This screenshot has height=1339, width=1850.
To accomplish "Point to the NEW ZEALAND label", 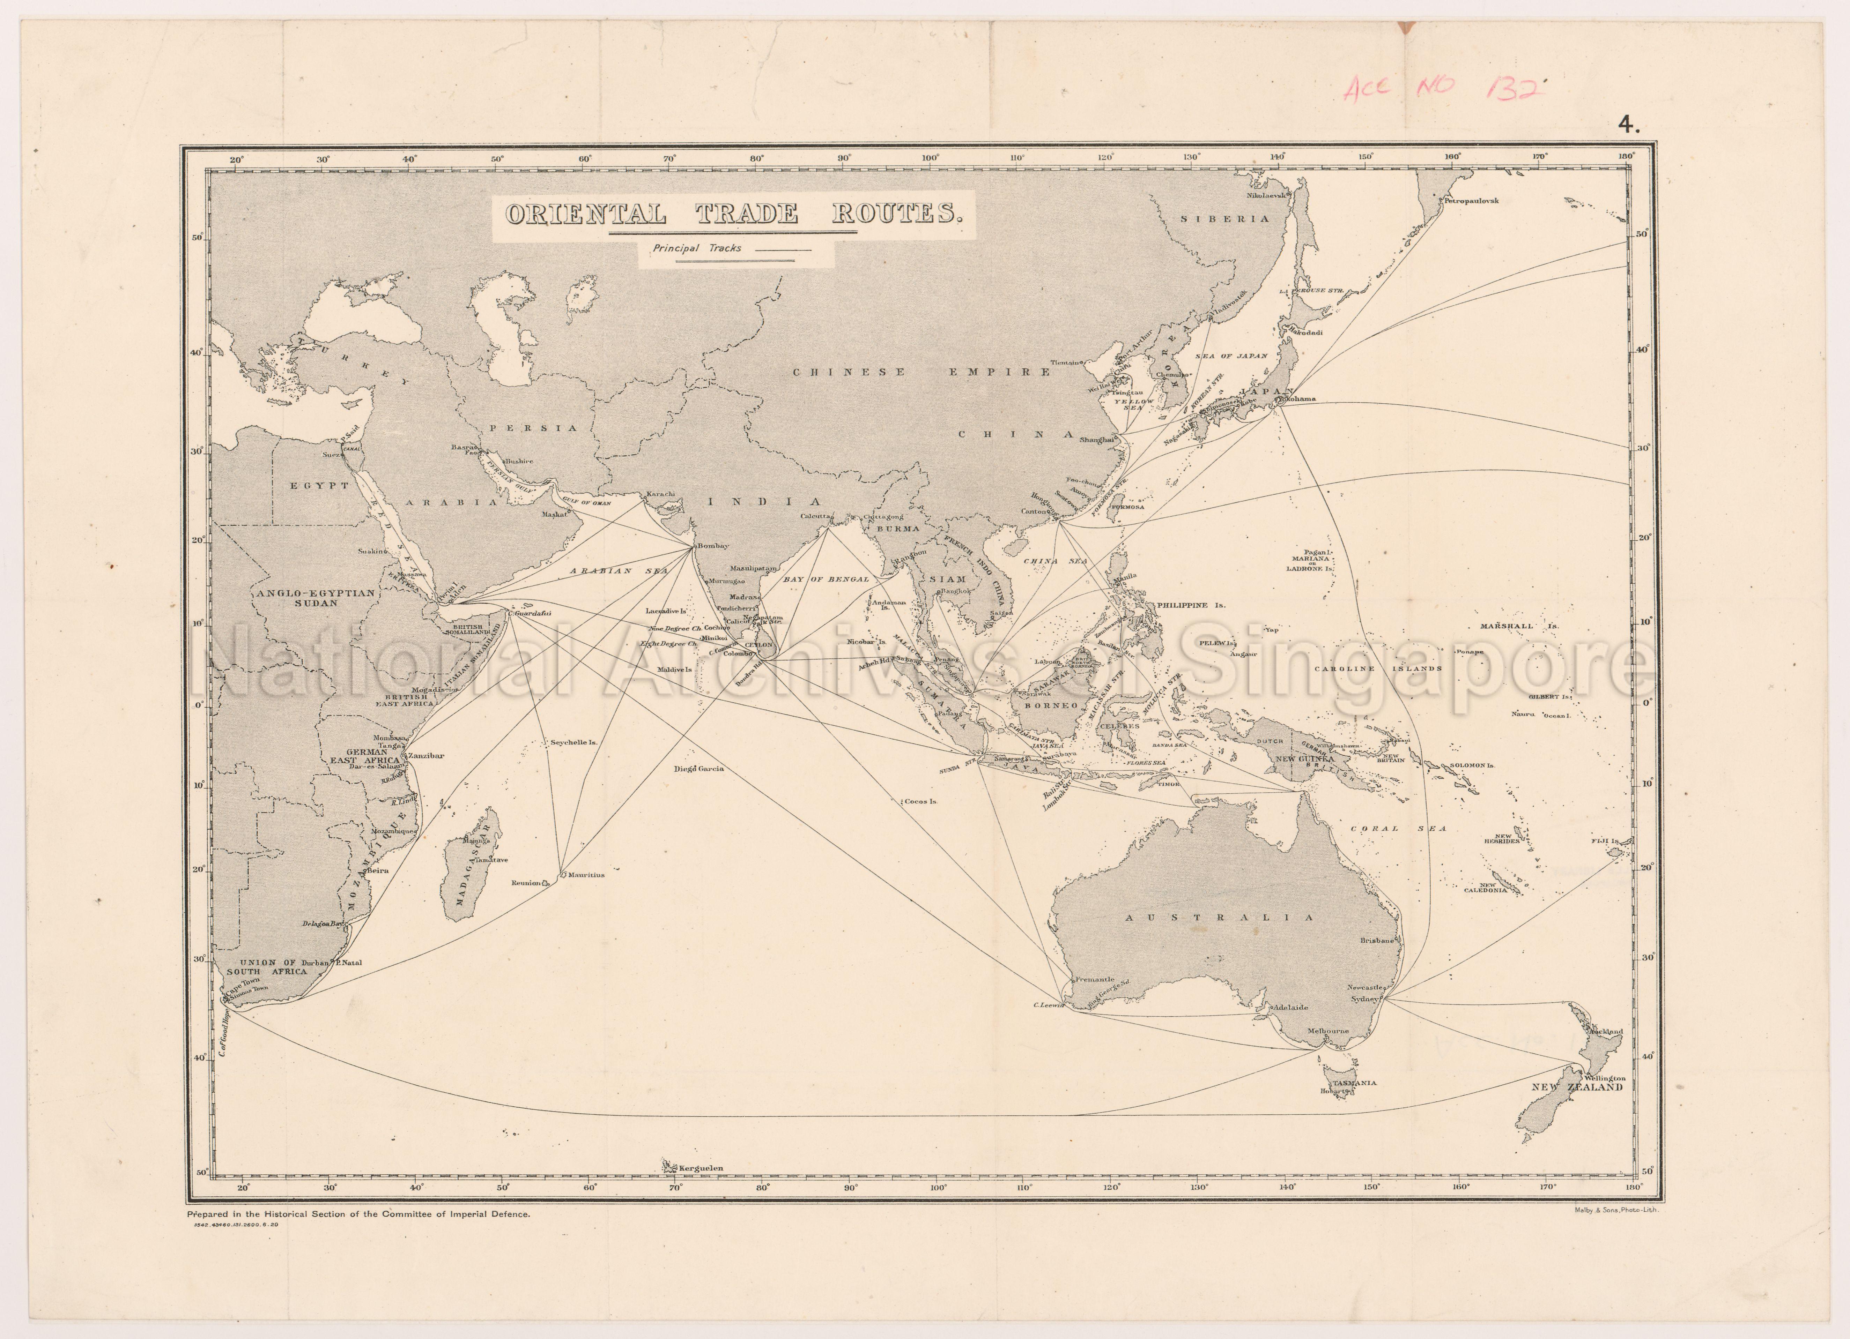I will [x=1577, y=1087].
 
